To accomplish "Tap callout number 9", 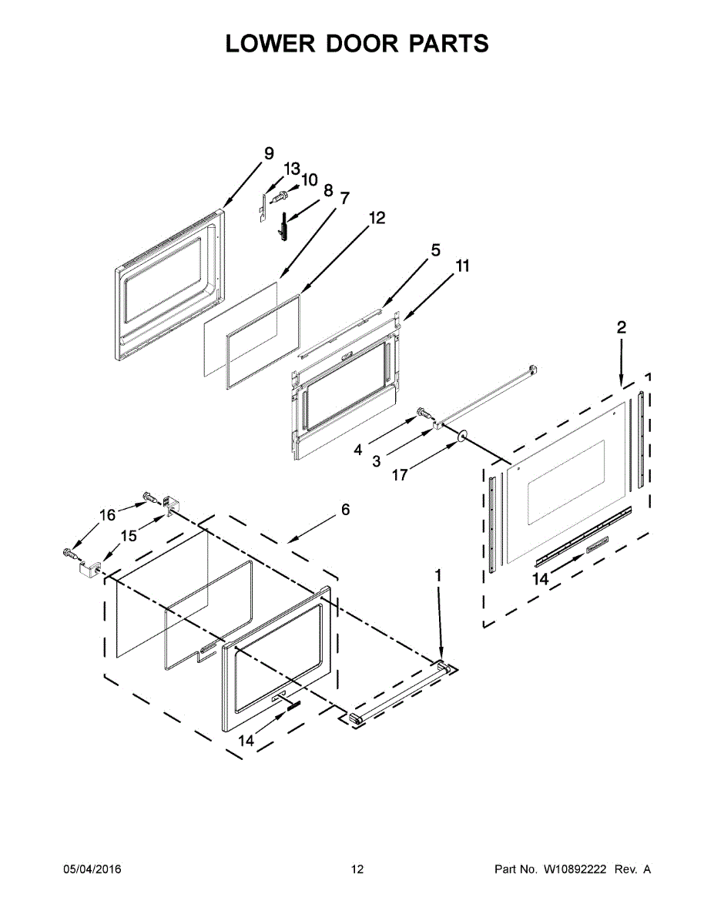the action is pos(269,154).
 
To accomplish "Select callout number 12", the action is pos(376,218).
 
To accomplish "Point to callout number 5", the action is pos(435,250).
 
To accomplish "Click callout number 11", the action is pos(462,266).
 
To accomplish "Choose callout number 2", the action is pos(621,327).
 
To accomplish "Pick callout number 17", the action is pos(400,475).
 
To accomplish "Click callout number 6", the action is pos(345,510).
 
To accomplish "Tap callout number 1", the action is pos(438,575).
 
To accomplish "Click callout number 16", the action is pos(107,515).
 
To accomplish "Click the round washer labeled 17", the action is pos(461,437).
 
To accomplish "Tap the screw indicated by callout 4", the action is pos(423,413).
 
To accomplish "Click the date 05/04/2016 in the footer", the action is pos(92,869).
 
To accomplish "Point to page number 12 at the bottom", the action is pos(357,869).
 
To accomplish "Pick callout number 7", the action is pos(344,198).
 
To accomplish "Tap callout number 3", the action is pos(377,460).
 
